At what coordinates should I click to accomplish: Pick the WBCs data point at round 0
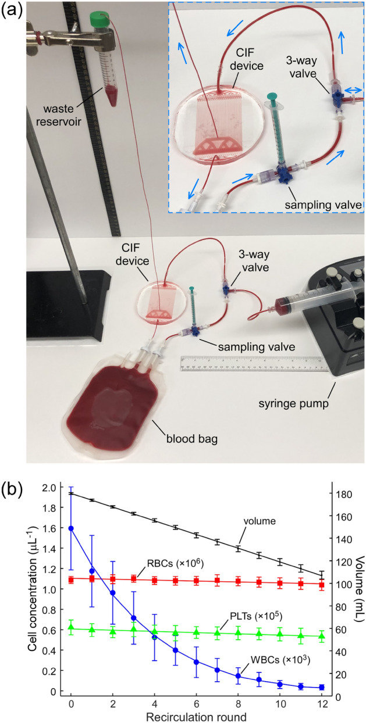71,528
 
